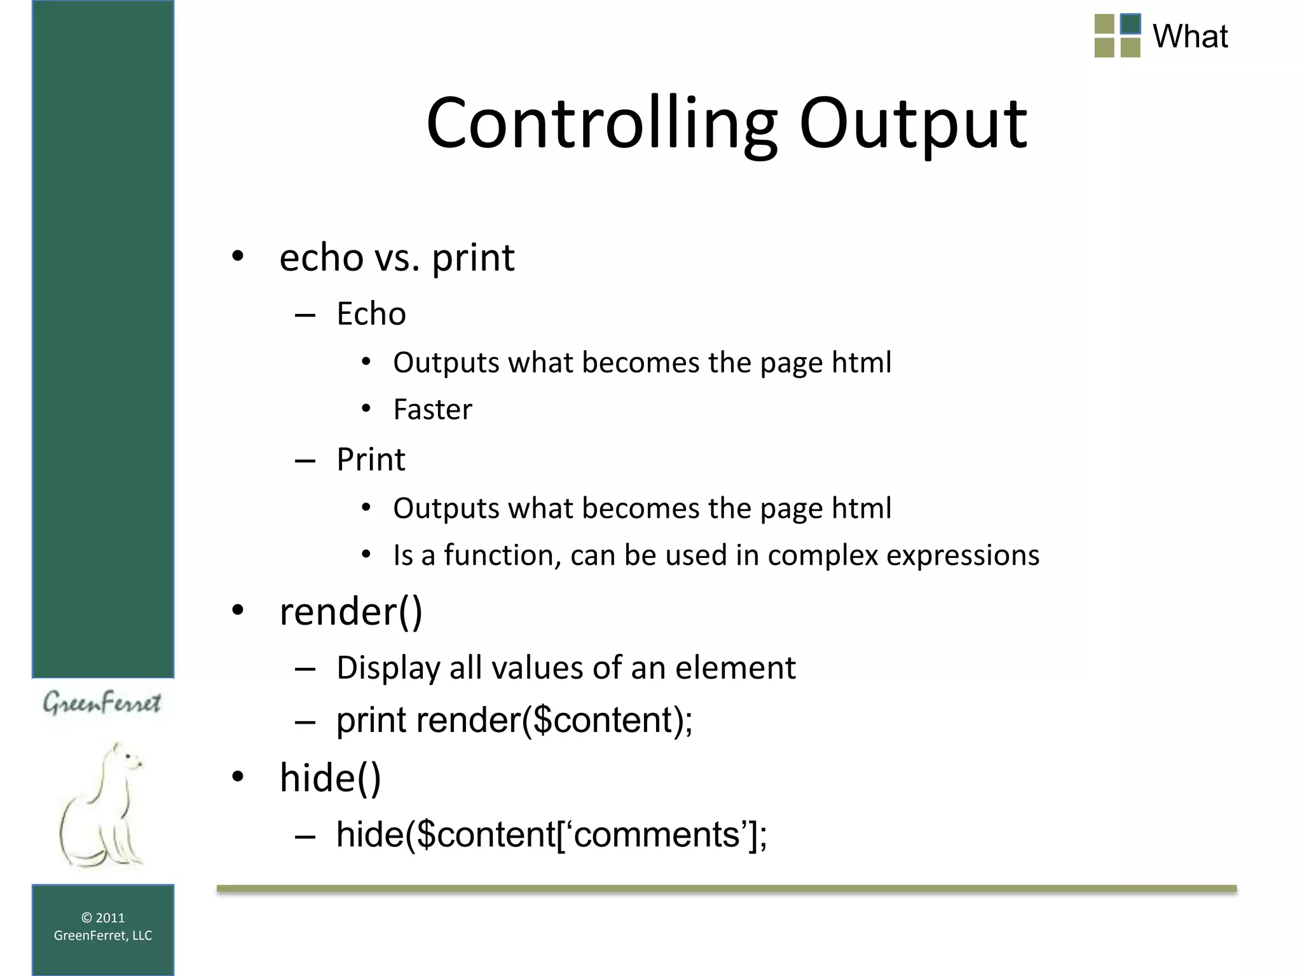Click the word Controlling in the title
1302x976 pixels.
click(601, 124)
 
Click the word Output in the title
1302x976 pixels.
click(913, 124)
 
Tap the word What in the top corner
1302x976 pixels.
click(1189, 36)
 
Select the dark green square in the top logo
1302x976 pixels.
click(1130, 24)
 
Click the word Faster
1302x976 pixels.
click(432, 410)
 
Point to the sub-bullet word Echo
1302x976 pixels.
click(371, 314)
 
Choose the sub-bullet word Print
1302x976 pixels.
click(371, 459)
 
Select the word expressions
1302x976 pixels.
click(963, 555)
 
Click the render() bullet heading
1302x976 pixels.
click(351, 611)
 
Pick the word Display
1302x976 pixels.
click(388, 668)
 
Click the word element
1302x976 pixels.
click(735, 668)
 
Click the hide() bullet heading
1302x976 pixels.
click(330, 778)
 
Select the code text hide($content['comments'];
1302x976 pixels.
click(551, 834)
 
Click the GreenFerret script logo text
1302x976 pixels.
click(102, 703)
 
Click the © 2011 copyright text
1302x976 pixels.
click(103, 918)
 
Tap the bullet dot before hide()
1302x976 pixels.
click(238, 777)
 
